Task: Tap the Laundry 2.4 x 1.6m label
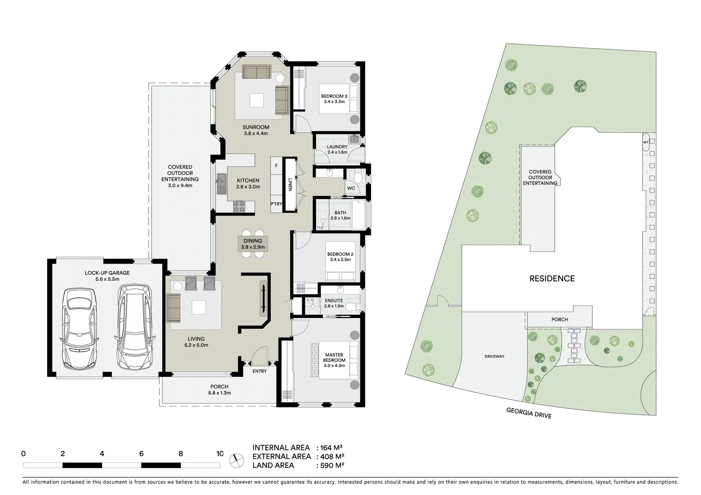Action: click(337, 149)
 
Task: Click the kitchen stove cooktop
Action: click(240, 207)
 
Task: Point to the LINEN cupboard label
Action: click(290, 184)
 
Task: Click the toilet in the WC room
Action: click(359, 176)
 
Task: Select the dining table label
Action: click(253, 244)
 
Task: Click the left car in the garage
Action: click(79, 328)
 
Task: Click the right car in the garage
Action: click(134, 326)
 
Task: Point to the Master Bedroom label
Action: click(334, 357)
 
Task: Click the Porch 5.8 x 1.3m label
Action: click(219, 390)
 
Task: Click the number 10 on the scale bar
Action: click(220, 454)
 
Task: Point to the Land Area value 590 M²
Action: click(331, 465)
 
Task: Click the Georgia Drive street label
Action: click(529, 413)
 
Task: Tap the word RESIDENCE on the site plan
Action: click(552, 278)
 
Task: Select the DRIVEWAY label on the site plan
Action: click(494, 356)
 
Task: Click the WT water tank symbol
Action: click(646, 142)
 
